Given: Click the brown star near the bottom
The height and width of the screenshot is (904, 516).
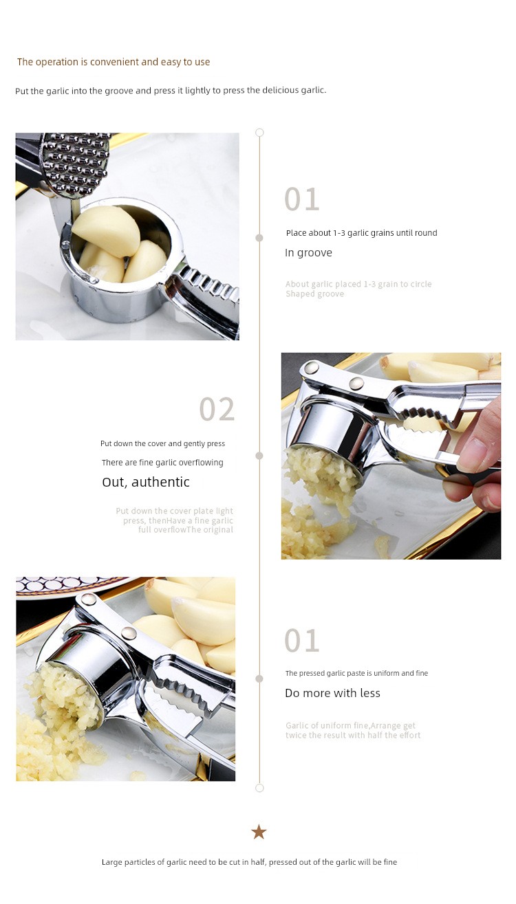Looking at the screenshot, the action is coord(259,833).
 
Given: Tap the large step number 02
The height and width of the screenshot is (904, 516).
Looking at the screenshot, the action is coord(217,409).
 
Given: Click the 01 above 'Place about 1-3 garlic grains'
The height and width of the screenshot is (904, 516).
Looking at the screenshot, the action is coord(302,199).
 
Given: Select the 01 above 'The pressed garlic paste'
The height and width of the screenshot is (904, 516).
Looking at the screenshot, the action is coord(302,641).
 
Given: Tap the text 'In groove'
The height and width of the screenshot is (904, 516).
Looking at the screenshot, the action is coord(308,253).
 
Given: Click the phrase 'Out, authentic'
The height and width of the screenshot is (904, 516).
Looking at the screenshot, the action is coord(146,483).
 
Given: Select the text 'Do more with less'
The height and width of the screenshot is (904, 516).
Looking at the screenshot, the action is coord(333,694).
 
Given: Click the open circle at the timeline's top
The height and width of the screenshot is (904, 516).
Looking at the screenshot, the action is coord(259,133).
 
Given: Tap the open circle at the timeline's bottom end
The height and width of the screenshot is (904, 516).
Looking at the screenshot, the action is coord(259,788).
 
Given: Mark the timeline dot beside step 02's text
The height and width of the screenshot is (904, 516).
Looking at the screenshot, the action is coord(259,456).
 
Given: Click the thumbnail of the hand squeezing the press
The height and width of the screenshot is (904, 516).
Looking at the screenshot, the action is coord(391,456).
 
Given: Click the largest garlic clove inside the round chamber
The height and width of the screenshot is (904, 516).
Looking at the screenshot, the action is coord(106,230).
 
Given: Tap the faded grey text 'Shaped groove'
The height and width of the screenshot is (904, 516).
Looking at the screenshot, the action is coord(315,294).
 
